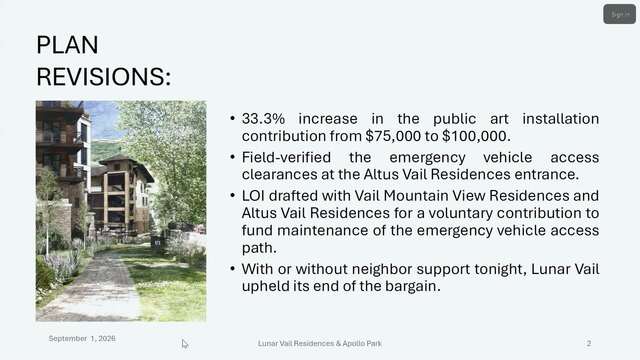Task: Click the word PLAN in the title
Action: click(x=67, y=44)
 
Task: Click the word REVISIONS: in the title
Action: click(x=104, y=76)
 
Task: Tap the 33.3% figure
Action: click(x=263, y=119)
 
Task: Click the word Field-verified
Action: click(x=286, y=157)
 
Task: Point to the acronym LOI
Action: click(x=253, y=196)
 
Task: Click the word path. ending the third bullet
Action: click(x=259, y=248)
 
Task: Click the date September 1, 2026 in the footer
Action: click(x=82, y=338)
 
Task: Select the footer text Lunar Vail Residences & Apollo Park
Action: click(x=320, y=344)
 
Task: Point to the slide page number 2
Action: click(x=589, y=344)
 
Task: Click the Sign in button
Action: click(x=619, y=14)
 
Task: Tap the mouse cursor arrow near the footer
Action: click(x=185, y=344)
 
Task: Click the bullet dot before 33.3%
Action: click(x=232, y=119)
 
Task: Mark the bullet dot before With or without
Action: click(x=232, y=269)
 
